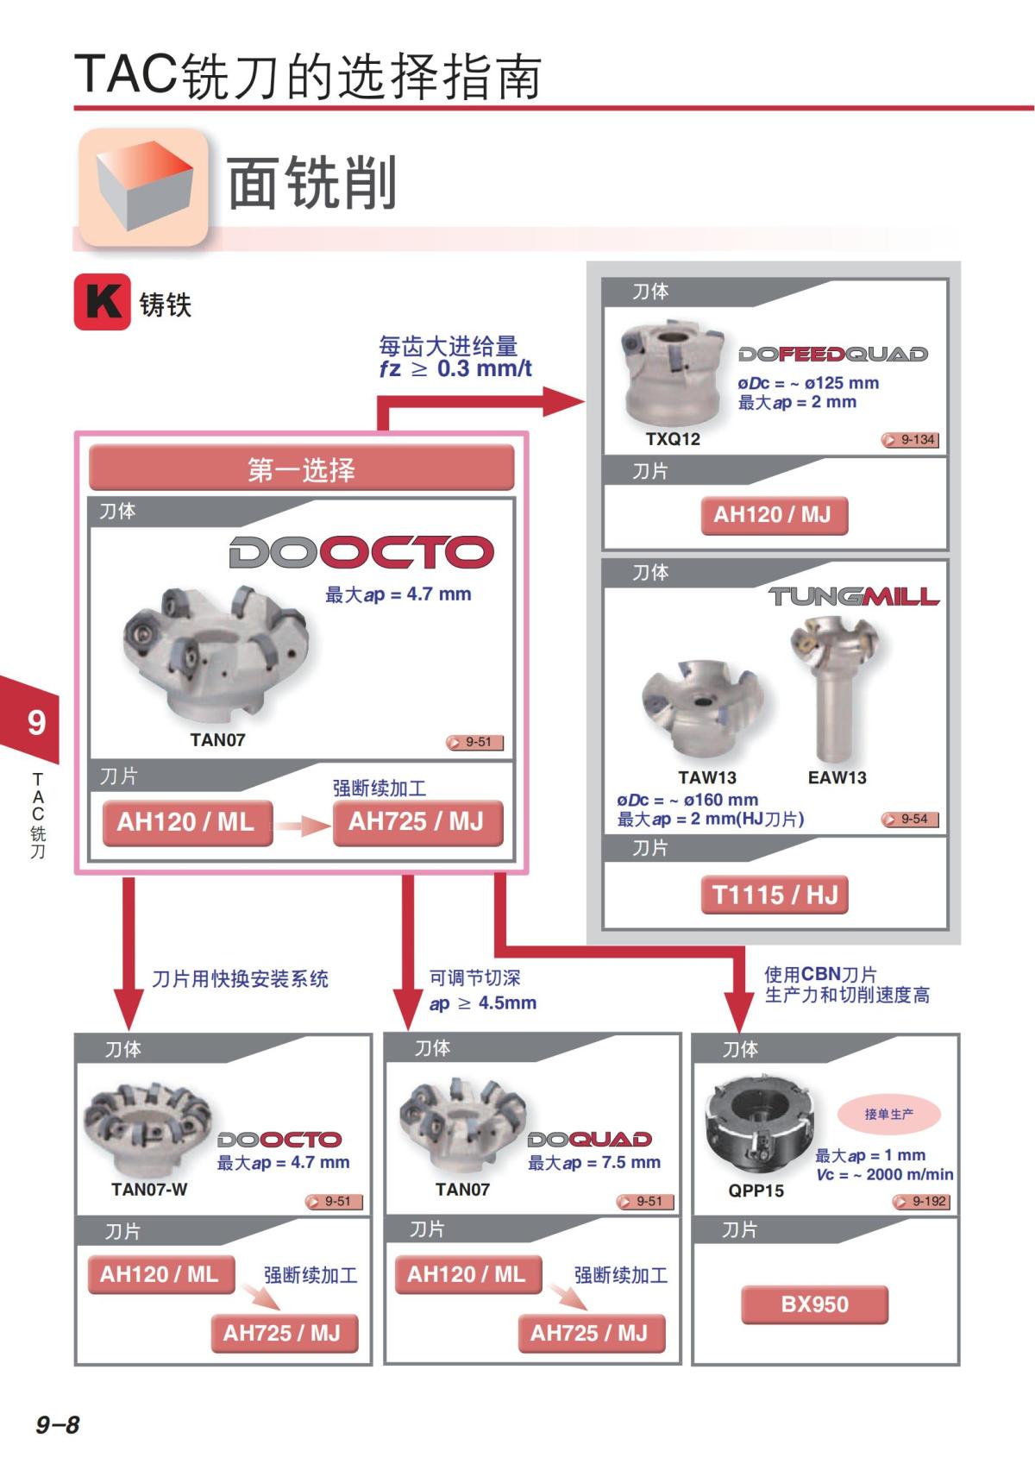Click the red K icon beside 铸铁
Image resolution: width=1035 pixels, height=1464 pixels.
pos(102,302)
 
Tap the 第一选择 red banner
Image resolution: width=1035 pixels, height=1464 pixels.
pos(301,468)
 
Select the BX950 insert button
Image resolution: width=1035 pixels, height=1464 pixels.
pos(815,1304)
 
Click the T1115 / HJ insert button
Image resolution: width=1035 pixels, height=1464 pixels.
pos(775,895)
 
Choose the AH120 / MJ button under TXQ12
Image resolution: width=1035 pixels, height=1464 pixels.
pos(775,516)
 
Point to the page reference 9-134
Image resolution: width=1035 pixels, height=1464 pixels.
pos(910,440)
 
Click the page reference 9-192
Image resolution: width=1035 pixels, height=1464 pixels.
pos(921,1201)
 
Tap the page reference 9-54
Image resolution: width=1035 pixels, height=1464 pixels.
pos(910,820)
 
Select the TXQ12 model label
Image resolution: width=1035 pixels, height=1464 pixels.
pos(673,439)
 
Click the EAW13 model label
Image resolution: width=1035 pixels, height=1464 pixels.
pos(837,778)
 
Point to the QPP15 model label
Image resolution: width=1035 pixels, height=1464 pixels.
pos(756,1191)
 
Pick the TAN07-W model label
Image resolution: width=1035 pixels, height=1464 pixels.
pos(149,1190)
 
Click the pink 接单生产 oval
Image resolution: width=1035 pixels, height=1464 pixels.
pos(889,1115)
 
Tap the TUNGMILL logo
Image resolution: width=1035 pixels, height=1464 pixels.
pos(853,596)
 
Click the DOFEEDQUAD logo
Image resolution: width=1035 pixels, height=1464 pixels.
pos(833,355)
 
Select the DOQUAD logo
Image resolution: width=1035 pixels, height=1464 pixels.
pos(590,1139)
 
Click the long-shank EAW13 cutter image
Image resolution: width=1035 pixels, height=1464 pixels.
pos(833,689)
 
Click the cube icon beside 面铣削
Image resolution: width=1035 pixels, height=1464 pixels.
pos(144,187)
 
